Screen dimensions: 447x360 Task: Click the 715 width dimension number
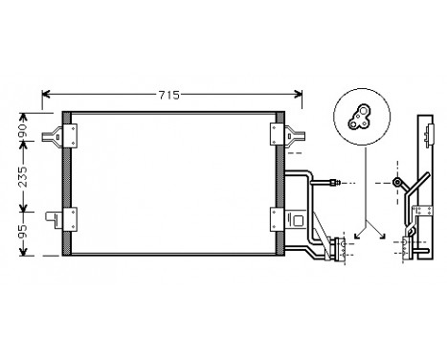[169, 95]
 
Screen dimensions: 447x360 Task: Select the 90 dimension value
[23, 130]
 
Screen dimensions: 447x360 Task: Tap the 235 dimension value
[23, 176]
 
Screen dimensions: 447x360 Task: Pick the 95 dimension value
[23, 232]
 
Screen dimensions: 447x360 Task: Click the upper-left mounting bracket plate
[70, 136]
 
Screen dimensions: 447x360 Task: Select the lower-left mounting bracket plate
[70, 219]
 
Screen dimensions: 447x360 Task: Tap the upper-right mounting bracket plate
[278, 134]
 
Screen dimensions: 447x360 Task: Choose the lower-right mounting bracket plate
[278, 219]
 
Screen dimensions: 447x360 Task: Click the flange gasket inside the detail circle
[359, 117]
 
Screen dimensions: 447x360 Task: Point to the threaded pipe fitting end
[335, 183]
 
